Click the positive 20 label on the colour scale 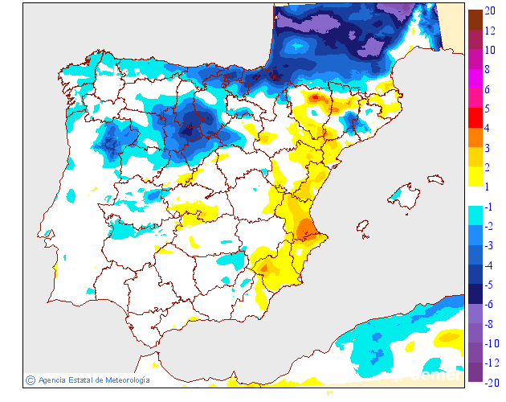pos(491,11)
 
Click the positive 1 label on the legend pos(488,187)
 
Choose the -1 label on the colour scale pos(489,207)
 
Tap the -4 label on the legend pos(489,265)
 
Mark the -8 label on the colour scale pos(489,323)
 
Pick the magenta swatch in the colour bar pos(475,80)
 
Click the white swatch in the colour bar pos(475,196)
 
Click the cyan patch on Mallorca pos(396,195)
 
